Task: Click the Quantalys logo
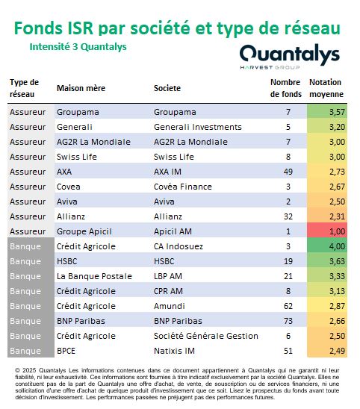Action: [290, 57]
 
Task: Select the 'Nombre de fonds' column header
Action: [285, 88]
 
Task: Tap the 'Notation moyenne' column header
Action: [326, 88]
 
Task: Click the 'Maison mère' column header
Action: [81, 88]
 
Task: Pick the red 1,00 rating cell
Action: [327, 231]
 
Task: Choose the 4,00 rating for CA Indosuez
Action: [327, 246]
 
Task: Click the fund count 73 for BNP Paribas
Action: [288, 321]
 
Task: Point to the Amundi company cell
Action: [169, 306]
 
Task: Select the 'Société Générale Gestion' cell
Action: [205, 336]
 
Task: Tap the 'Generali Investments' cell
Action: [198, 127]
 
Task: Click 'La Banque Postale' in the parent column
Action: [94, 276]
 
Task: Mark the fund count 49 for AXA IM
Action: [288, 172]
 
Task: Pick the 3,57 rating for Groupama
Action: [327, 112]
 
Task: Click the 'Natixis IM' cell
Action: [174, 351]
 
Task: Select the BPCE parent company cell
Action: [66, 351]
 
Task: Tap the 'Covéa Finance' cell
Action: [183, 187]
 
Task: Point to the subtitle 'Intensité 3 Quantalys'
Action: [78, 47]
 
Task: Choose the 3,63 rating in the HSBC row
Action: [327, 261]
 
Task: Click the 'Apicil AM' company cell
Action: [173, 231]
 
